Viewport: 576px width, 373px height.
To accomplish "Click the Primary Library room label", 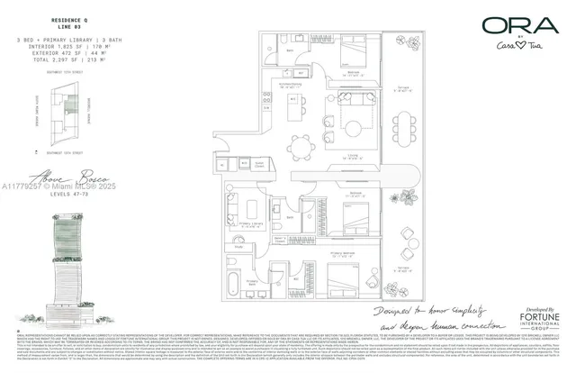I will coord(238,217).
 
